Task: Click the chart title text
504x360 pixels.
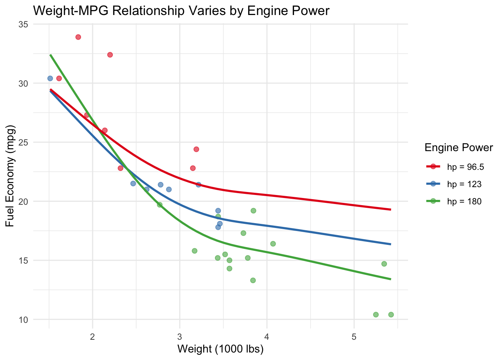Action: [x=181, y=10]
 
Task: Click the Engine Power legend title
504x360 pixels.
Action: [x=458, y=148]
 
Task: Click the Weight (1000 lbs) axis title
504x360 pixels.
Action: [x=220, y=349]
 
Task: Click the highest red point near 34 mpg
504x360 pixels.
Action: [x=78, y=37]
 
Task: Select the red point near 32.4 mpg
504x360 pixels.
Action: [x=110, y=55]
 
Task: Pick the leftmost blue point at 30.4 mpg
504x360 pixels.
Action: [x=50, y=78]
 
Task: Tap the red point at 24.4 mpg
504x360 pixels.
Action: [x=196, y=149]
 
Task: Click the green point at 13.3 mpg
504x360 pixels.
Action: [x=253, y=280]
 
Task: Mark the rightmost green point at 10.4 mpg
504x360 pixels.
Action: [x=391, y=315]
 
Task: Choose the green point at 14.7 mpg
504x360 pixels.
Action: [x=384, y=264]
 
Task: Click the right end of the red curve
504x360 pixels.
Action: [x=391, y=209]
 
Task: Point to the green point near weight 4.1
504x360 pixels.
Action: [x=273, y=244]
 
